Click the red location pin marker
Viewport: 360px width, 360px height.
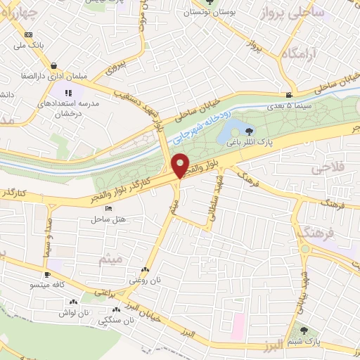(x=180, y=167)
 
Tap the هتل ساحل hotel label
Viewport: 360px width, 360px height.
(x=108, y=219)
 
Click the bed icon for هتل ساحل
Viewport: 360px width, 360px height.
(x=108, y=209)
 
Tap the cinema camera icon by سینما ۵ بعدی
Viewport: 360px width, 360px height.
(x=289, y=96)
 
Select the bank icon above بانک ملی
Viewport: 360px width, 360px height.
(x=28, y=34)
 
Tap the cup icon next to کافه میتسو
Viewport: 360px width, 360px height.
(x=47, y=275)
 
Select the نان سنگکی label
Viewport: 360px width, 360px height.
(x=117, y=321)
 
